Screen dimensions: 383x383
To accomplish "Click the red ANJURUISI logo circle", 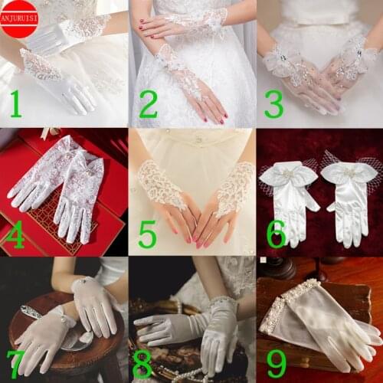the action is [19, 19].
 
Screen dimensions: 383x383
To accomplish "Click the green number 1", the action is [16, 105].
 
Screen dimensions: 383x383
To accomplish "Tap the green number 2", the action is [148, 105].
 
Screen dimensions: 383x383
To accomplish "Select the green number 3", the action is [273, 105].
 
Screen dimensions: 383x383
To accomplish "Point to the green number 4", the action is [16, 235].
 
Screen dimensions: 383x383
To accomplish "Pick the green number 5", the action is [147, 234].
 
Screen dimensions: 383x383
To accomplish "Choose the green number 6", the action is [276, 234].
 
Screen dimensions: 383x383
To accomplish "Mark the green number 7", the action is [15, 364].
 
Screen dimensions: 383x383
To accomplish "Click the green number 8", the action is [142, 364].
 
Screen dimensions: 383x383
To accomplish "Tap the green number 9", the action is [276, 364].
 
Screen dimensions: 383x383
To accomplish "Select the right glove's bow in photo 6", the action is [349, 173].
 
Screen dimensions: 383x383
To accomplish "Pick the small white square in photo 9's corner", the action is [264, 260].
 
